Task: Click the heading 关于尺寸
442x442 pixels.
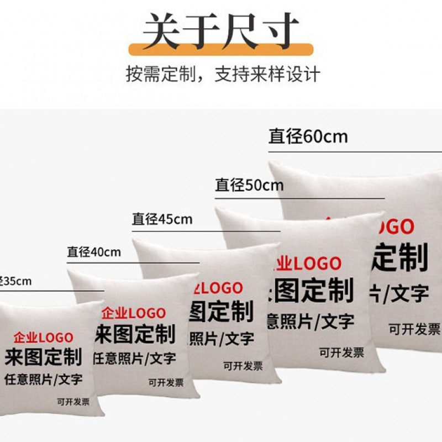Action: click(220, 30)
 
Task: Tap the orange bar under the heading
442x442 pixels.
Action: click(220, 50)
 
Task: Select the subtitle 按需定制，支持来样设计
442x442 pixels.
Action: click(223, 73)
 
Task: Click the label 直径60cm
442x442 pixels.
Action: click(308, 136)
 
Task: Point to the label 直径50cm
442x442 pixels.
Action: click(249, 185)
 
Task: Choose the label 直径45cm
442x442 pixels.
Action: click(162, 219)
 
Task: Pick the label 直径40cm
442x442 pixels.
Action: click(94, 252)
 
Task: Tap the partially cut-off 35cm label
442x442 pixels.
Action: click(15, 281)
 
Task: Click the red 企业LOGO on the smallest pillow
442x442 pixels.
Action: click(43, 338)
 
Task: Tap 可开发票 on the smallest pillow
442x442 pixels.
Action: click(73, 402)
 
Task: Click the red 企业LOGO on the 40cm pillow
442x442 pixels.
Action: click(133, 314)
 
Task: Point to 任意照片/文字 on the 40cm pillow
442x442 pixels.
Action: click(134, 358)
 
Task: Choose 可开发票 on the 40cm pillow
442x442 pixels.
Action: click(166, 382)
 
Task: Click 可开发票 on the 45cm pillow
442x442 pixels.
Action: click(243, 366)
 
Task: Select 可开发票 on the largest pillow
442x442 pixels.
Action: click(414, 330)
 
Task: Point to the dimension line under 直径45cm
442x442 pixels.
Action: click(206, 231)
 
